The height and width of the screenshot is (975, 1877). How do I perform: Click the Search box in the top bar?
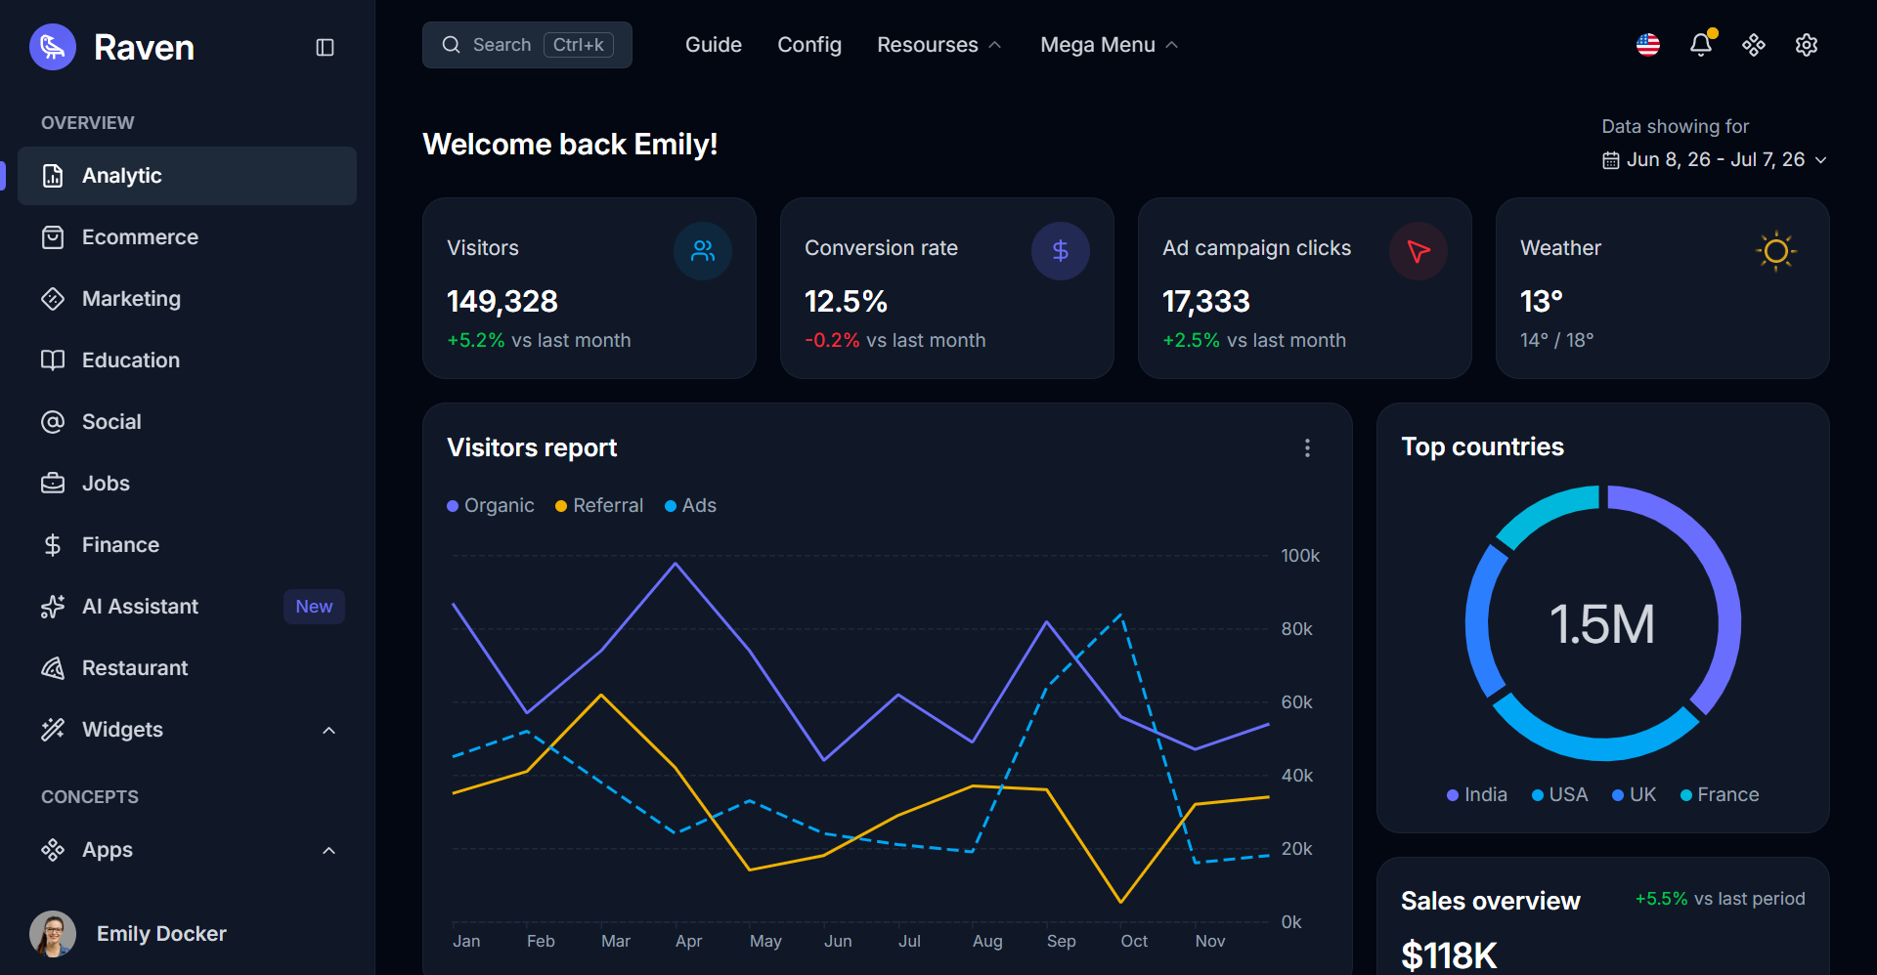click(527, 45)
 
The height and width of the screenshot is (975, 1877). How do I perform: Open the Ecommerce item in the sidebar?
click(140, 237)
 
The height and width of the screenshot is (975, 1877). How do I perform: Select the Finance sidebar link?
click(120, 545)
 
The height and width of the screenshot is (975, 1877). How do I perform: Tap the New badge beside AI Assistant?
click(314, 607)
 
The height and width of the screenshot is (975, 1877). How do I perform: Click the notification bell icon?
click(1701, 45)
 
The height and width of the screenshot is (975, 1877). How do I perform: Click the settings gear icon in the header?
click(1807, 45)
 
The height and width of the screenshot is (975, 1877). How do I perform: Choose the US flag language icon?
click(1648, 45)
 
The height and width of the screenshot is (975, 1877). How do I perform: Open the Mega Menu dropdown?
click(1109, 45)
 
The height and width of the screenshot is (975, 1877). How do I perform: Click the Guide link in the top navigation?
click(714, 45)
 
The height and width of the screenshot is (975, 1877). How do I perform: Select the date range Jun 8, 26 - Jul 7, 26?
click(1715, 159)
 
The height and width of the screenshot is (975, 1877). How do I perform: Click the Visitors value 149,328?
click(502, 302)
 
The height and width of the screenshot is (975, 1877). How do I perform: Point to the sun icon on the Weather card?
click(1776, 251)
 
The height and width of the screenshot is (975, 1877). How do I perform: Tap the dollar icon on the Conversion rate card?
click(1061, 251)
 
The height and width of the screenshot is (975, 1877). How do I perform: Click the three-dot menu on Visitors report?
click(1307, 447)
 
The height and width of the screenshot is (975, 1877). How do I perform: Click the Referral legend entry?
click(599, 505)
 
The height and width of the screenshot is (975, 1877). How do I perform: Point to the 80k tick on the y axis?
click(1296, 629)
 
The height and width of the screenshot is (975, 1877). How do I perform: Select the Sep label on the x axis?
click(1061, 941)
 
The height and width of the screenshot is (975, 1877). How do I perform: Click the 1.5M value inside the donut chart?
click(1602, 624)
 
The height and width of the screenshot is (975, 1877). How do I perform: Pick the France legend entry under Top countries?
click(1720, 795)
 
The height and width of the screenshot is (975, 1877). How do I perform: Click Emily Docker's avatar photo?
click(53, 934)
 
